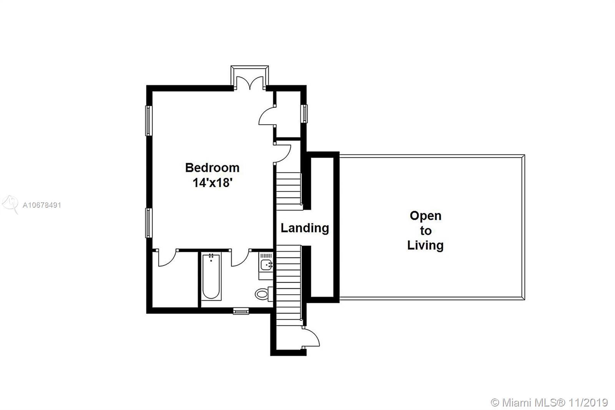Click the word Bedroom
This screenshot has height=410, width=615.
click(212, 168)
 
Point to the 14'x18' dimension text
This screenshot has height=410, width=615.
click(213, 182)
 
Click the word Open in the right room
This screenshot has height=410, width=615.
click(426, 216)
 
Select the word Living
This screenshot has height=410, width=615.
click(425, 245)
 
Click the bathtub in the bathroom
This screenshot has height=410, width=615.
click(211, 277)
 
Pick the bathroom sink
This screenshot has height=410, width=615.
click(266, 265)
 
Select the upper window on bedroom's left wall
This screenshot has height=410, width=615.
click(148, 121)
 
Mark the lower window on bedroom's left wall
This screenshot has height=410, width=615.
click(148, 223)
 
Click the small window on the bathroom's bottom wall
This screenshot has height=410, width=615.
click(241, 311)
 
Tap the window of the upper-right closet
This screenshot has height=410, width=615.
click(304, 114)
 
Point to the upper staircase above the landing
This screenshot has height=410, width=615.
click(289, 191)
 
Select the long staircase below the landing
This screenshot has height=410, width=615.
click(289, 286)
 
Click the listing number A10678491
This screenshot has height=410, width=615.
click(42, 205)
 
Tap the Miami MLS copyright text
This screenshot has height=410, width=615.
click(549, 403)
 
